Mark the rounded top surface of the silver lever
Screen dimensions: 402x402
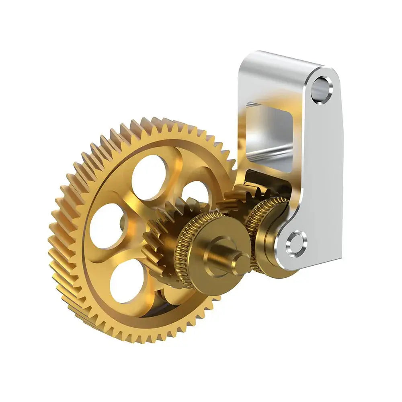point(281,60)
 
